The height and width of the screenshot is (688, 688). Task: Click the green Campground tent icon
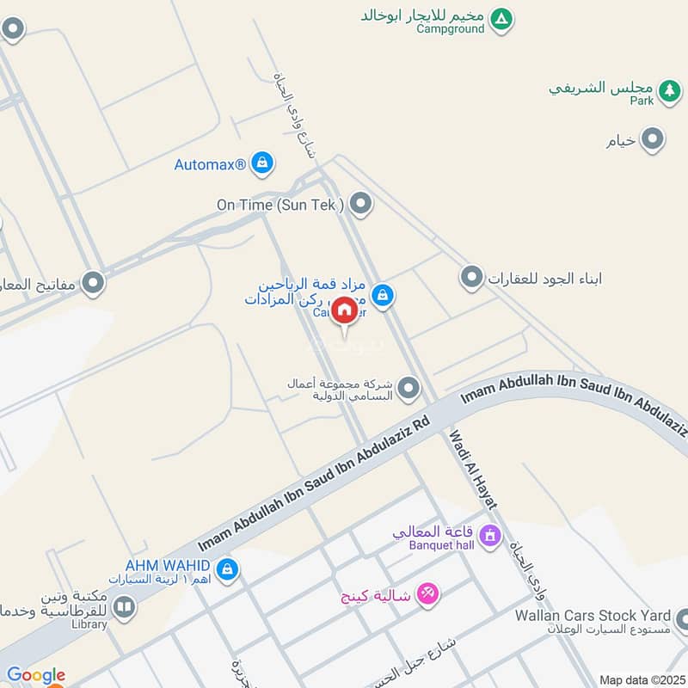[501, 17]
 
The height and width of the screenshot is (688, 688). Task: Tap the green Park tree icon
[668, 89]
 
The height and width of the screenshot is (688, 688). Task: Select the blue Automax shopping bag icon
[262, 162]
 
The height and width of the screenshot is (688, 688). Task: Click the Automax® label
[211, 163]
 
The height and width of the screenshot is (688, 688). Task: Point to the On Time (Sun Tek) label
[280, 205]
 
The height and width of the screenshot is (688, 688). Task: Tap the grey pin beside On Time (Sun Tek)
[361, 204]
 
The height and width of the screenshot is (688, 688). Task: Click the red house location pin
[344, 311]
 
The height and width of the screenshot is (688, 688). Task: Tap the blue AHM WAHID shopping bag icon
[227, 568]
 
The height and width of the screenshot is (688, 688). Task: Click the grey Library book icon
[125, 610]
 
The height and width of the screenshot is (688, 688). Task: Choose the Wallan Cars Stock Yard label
[593, 616]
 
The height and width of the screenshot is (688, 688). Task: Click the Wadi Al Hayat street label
[474, 469]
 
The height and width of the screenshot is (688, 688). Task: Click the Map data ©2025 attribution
[641, 679]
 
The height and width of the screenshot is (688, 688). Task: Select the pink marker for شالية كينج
[427, 593]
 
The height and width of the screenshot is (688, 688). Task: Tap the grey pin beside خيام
[654, 139]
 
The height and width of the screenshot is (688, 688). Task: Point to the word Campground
[450, 28]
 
